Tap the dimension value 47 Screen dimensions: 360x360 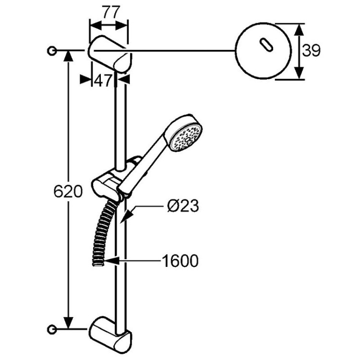(x=102, y=81)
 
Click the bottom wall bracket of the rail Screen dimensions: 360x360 (x=110, y=333)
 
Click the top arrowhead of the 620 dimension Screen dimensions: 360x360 (x=69, y=55)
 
